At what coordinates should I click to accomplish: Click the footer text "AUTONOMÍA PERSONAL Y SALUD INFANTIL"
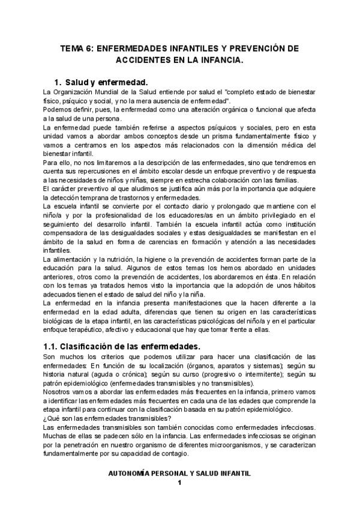pyautogui.click(x=179, y=474)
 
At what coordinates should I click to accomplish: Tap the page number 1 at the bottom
pyautogui.click(x=179, y=483)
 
